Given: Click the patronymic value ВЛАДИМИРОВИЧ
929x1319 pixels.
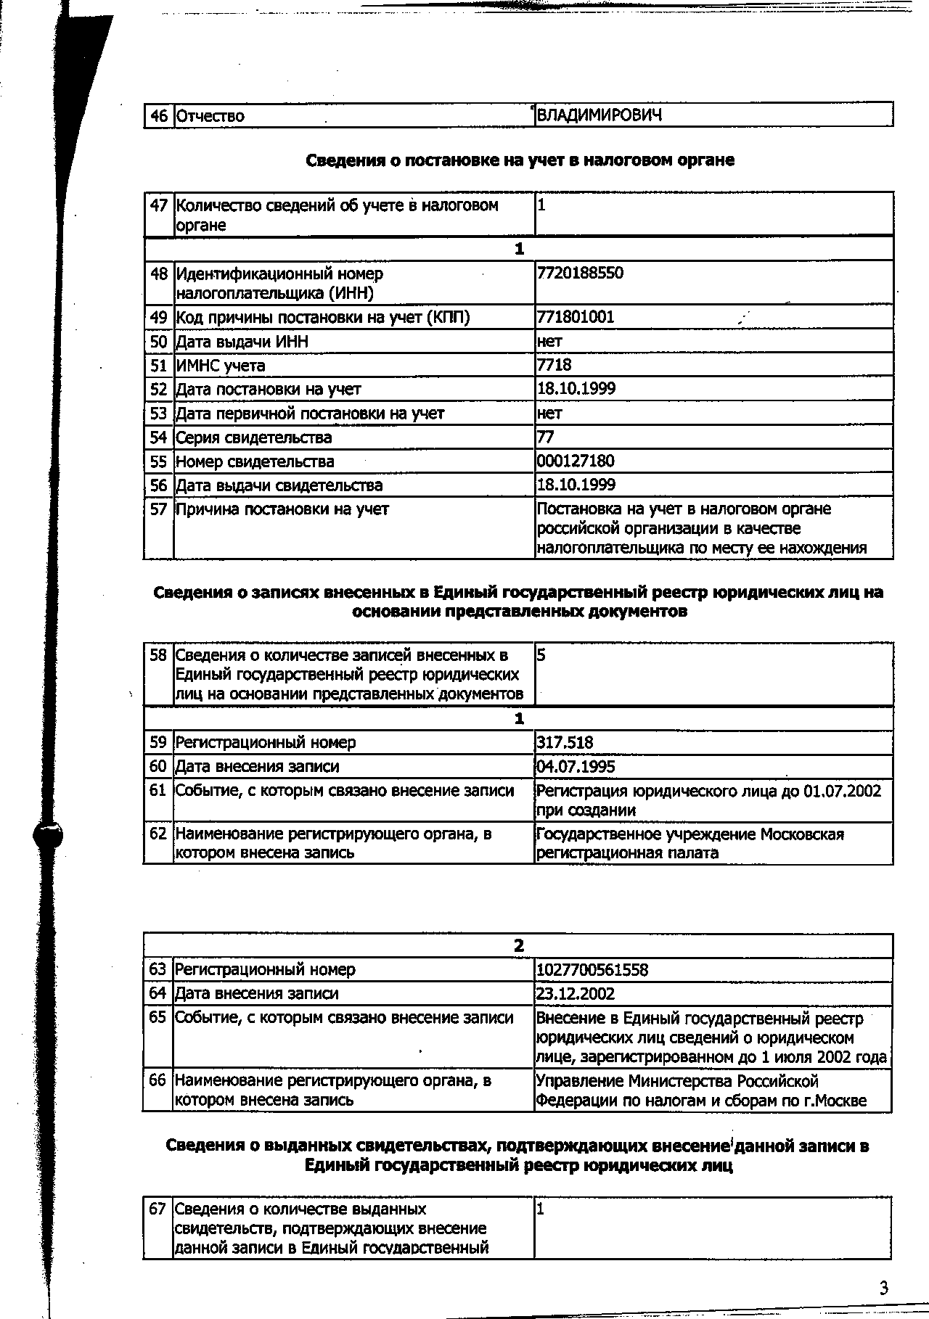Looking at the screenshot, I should [x=599, y=115].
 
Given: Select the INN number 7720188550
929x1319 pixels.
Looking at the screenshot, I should [x=580, y=274].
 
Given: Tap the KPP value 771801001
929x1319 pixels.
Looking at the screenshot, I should [x=576, y=317].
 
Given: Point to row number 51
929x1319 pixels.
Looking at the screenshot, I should [x=159, y=366].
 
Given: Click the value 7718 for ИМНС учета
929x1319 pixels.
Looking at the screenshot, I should [x=554, y=365].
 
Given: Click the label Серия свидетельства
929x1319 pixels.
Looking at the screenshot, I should [x=253, y=437].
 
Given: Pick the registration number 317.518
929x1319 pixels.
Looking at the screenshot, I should [x=565, y=743].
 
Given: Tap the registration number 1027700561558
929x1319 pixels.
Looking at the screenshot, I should [x=592, y=970].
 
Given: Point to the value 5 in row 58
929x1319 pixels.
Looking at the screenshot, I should [x=541, y=655].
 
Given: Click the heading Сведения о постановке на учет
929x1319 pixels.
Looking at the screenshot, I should [x=520, y=160].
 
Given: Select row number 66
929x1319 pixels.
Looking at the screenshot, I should [x=157, y=1081].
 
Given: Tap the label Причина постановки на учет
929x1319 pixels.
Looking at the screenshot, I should [x=282, y=509].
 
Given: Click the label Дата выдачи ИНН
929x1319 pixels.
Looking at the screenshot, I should [x=242, y=342].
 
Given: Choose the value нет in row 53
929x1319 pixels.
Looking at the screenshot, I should [x=549, y=414].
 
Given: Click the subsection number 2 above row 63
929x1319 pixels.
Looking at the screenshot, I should [x=518, y=946].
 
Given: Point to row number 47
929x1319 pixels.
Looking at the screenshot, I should [x=159, y=206].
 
